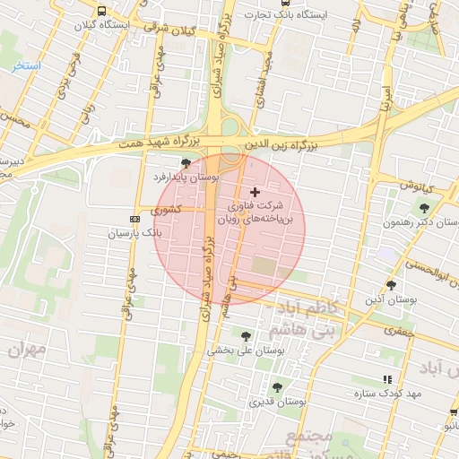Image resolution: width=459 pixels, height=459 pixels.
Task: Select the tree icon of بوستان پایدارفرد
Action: tap(186, 163)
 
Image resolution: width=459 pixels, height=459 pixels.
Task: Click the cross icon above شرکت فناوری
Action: tap(255, 192)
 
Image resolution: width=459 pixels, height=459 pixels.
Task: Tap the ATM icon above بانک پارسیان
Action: tap(135, 218)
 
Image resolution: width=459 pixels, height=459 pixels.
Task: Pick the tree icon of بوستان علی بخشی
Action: tap(246, 336)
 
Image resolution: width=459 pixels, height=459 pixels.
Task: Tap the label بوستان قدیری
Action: tap(278, 403)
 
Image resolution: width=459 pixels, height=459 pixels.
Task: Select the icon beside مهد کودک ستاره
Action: tap(387, 379)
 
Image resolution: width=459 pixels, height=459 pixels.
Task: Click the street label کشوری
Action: tap(166, 210)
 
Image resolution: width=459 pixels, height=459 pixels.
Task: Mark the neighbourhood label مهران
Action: tap(27, 350)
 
